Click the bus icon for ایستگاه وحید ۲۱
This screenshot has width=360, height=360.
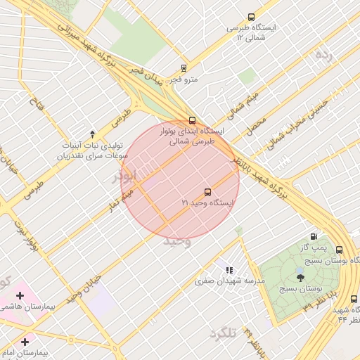pyautogui.click(x=207, y=192)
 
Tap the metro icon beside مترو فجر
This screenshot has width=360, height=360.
pyautogui.click(x=184, y=68)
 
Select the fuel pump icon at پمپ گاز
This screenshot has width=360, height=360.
pyautogui.click(x=313, y=237)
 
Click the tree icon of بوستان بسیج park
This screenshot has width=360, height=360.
pyautogui.click(x=301, y=278)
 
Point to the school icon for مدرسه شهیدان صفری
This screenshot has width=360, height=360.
pyautogui.click(x=229, y=270)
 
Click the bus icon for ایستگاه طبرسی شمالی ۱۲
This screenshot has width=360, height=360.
pyautogui.click(x=252, y=17)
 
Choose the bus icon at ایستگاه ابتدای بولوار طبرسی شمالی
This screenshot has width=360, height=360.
pyautogui.click(x=193, y=120)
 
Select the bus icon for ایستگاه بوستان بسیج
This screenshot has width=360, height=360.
pyautogui.click(x=340, y=250)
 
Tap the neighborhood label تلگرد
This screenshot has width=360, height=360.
pyautogui.click(x=224, y=334)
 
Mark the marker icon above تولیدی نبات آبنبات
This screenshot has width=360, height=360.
pyautogui.click(x=92, y=133)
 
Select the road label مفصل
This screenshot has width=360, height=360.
pyautogui.click(x=256, y=126)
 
